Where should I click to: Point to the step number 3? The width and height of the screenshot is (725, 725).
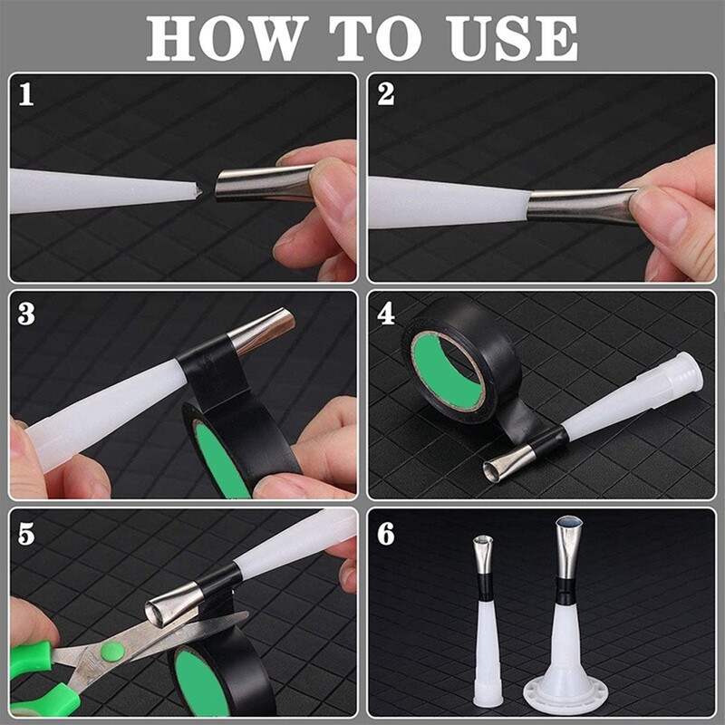click(26, 314)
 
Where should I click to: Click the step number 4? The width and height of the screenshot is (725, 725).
click(386, 314)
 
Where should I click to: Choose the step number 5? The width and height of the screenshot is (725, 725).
click(26, 534)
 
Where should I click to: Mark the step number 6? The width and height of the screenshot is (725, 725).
click(386, 534)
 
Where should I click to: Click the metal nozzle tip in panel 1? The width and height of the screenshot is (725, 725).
click(263, 184)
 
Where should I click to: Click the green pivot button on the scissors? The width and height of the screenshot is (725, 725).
click(111, 650)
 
